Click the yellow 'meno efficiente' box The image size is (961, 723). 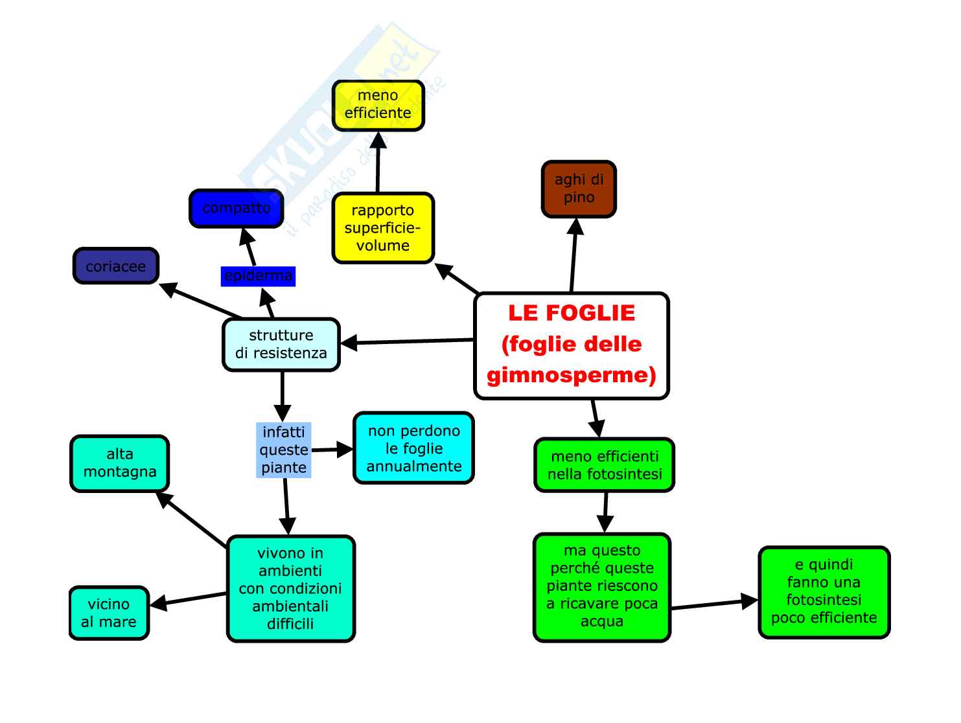(x=378, y=105)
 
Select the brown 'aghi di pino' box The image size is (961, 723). (x=579, y=189)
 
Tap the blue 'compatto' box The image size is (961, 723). (x=236, y=208)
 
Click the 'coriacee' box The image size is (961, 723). (x=115, y=266)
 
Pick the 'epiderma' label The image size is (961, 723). (x=258, y=276)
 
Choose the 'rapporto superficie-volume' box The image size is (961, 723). (x=382, y=228)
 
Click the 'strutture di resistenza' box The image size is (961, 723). (x=281, y=345)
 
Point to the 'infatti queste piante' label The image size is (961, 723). (x=283, y=450)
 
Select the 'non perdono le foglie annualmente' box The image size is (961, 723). (x=413, y=448)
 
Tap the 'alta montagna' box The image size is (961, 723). (x=119, y=463)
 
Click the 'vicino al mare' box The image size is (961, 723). (x=109, y=613)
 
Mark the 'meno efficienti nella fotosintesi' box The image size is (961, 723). (x=604, y=465)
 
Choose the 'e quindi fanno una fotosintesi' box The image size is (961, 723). (x=824, y=591)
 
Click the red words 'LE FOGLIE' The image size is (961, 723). (x=571, y=313)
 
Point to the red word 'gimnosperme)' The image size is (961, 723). (x=571, y=375)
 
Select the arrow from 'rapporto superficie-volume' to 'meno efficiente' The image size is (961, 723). (x=378, y=162)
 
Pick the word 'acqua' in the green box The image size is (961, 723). (x=602, y=621)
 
